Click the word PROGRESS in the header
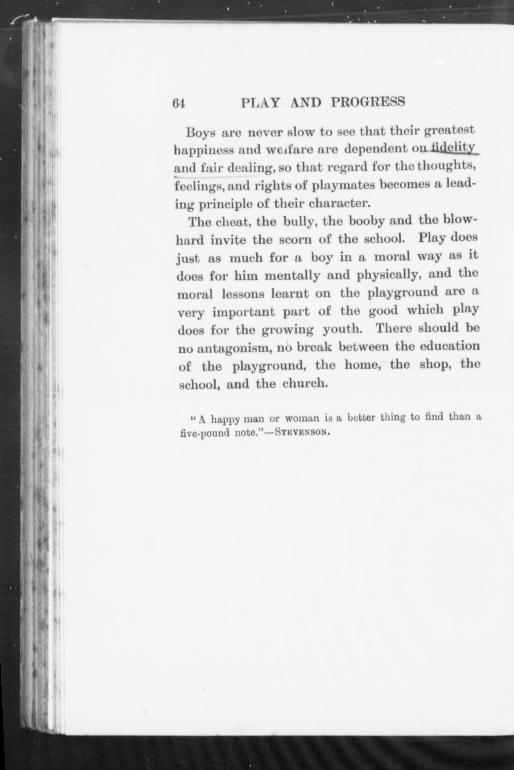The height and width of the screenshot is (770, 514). tap(368, 102)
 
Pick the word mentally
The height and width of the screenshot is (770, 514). tap(292, 276)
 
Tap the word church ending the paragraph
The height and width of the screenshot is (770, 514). tap(304, 384)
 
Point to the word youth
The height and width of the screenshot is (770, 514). tap(342, 329)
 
